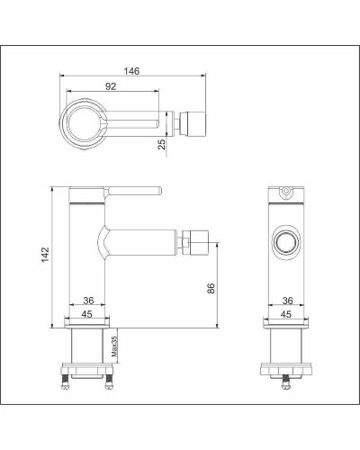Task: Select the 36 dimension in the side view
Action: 87,301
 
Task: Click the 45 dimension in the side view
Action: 87,315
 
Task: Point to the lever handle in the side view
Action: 135,190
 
